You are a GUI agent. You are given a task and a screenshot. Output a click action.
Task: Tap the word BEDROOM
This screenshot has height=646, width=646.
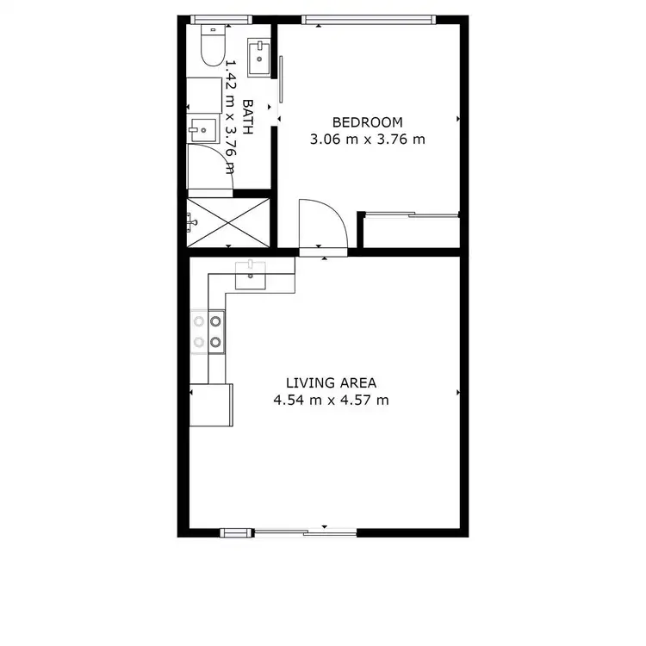pos(368,122)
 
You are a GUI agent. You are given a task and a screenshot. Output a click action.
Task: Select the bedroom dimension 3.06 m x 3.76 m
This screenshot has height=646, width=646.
pos(368,139)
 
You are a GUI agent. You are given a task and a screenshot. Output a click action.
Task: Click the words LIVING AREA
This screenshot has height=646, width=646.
pos(332,383)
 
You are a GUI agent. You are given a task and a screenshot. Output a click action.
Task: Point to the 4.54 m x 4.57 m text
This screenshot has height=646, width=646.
pos(332,400)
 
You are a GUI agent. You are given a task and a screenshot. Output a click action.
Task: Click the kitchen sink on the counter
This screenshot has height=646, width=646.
pos(252,275)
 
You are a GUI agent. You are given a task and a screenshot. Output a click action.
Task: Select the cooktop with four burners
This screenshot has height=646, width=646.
pos(208,332)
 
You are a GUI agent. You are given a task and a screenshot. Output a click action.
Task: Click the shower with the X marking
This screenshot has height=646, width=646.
pos(229,222)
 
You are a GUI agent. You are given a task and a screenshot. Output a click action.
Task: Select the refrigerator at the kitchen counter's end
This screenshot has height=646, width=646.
pos(212,405)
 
